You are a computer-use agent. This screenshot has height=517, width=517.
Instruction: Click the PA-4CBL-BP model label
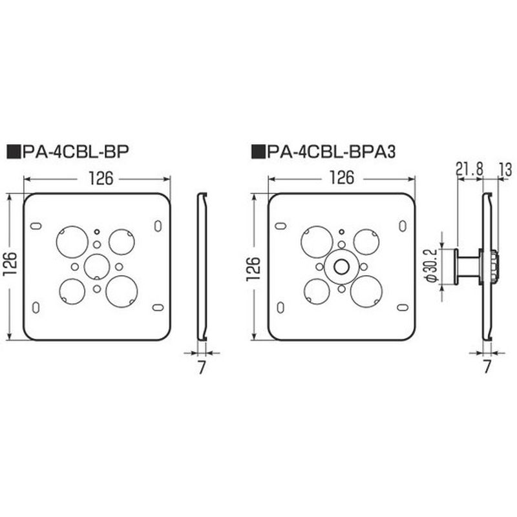(76, 152)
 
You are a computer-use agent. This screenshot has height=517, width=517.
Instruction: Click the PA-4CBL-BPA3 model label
(331, 152)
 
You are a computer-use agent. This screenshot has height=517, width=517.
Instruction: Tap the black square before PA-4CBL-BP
(14, 152)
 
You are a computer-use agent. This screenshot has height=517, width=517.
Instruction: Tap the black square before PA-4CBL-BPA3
(259, 152)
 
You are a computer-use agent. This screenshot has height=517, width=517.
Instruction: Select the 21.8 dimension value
(469, 169)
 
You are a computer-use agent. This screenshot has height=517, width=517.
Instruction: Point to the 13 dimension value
(505, 170)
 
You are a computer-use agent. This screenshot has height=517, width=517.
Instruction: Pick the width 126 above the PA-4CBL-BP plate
(101, 179)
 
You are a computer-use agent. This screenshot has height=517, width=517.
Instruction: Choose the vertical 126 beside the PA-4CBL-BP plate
(10, 264)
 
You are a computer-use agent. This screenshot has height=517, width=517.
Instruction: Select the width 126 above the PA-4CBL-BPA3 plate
(342, 178)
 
